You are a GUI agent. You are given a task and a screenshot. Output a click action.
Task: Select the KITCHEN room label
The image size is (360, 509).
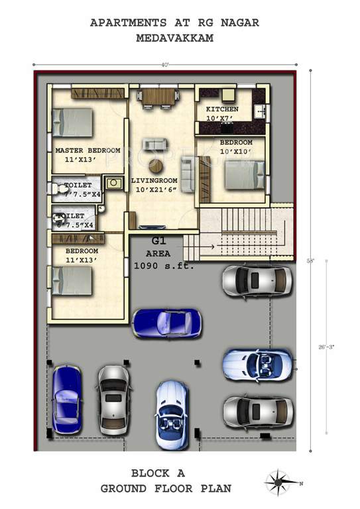coord(222,109)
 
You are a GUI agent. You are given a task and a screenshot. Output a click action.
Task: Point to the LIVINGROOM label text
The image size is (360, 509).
coord(154,180)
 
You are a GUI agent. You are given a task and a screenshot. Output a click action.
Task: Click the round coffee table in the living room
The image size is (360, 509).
coord(156,166)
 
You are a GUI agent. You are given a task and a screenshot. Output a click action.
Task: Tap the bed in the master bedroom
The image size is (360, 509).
coord(72,123)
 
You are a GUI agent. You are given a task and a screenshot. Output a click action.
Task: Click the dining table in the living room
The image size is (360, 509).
coord(158,97)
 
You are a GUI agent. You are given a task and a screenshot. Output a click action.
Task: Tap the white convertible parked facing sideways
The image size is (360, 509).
coord(257,365)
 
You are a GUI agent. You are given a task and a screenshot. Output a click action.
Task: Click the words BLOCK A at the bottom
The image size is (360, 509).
coord(157,473)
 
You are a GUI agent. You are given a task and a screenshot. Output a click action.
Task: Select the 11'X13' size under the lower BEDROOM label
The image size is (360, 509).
coord(82,260)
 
